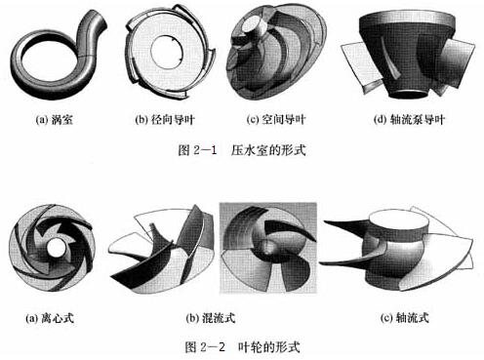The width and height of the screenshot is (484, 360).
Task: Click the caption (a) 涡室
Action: pos(55,120)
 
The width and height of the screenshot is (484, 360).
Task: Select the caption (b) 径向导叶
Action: pos(165,120)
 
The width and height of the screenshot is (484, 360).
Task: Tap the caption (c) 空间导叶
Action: pos(276,120)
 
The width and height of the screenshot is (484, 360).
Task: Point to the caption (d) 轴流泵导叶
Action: pos(409,120)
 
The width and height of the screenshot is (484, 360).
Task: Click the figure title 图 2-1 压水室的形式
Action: pos(242,150)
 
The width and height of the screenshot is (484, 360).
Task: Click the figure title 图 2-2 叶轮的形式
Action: pos(242,347)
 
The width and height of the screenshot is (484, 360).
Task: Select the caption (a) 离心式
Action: pos(50,318)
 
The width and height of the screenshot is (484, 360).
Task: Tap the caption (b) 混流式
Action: pos(211,318)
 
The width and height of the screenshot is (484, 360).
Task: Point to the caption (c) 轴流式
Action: pos(404,318)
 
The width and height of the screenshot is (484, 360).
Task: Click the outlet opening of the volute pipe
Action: pos(100,20)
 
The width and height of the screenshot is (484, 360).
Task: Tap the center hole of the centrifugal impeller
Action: pos(57,249)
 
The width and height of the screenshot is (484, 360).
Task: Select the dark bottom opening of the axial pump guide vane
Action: pos(407,94)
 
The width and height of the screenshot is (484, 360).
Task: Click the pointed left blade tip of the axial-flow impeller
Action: pos(324,221)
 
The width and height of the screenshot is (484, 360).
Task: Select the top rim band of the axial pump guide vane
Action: pos(406,20)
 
